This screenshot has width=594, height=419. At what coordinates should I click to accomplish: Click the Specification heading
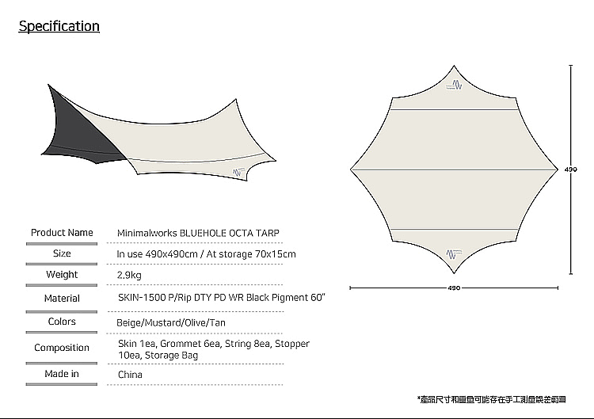pyautogui.click(x=59, y=26)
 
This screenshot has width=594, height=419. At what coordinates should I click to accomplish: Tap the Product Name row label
pyautogui.click(x=62, y=232)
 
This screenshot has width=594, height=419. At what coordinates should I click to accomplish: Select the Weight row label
pyautogui.click(x=62, y=274)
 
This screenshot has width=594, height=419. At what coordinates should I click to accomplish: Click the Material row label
pyautogui.click(x=62, y=298)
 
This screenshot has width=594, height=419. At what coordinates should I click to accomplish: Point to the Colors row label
pyautogui.click(x=62, y=322)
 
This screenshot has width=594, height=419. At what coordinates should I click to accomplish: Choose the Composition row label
pyautogui.click(x=62, y=348)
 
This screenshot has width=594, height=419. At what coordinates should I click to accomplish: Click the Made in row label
pyautogui.click(x=62, y=374)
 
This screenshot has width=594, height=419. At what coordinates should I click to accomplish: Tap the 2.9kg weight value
pyautogui.click(x=130, y=274)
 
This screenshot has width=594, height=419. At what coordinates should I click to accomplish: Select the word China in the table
pyautogui.click(x=130, y=375)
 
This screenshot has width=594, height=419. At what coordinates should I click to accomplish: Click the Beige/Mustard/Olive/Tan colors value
pyautogui.click(x=171, y=323)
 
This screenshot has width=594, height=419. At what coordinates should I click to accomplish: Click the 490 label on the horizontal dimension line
pyautogui.click(x=454, y=288)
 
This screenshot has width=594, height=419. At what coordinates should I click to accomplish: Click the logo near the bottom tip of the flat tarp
pyautogui.click(x=454, y=251)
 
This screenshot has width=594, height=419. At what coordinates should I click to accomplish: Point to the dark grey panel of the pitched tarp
pyautogui.click(x=75, y=127)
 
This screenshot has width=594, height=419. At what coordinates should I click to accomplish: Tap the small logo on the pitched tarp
pyautogui.click(x=238, y=171)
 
